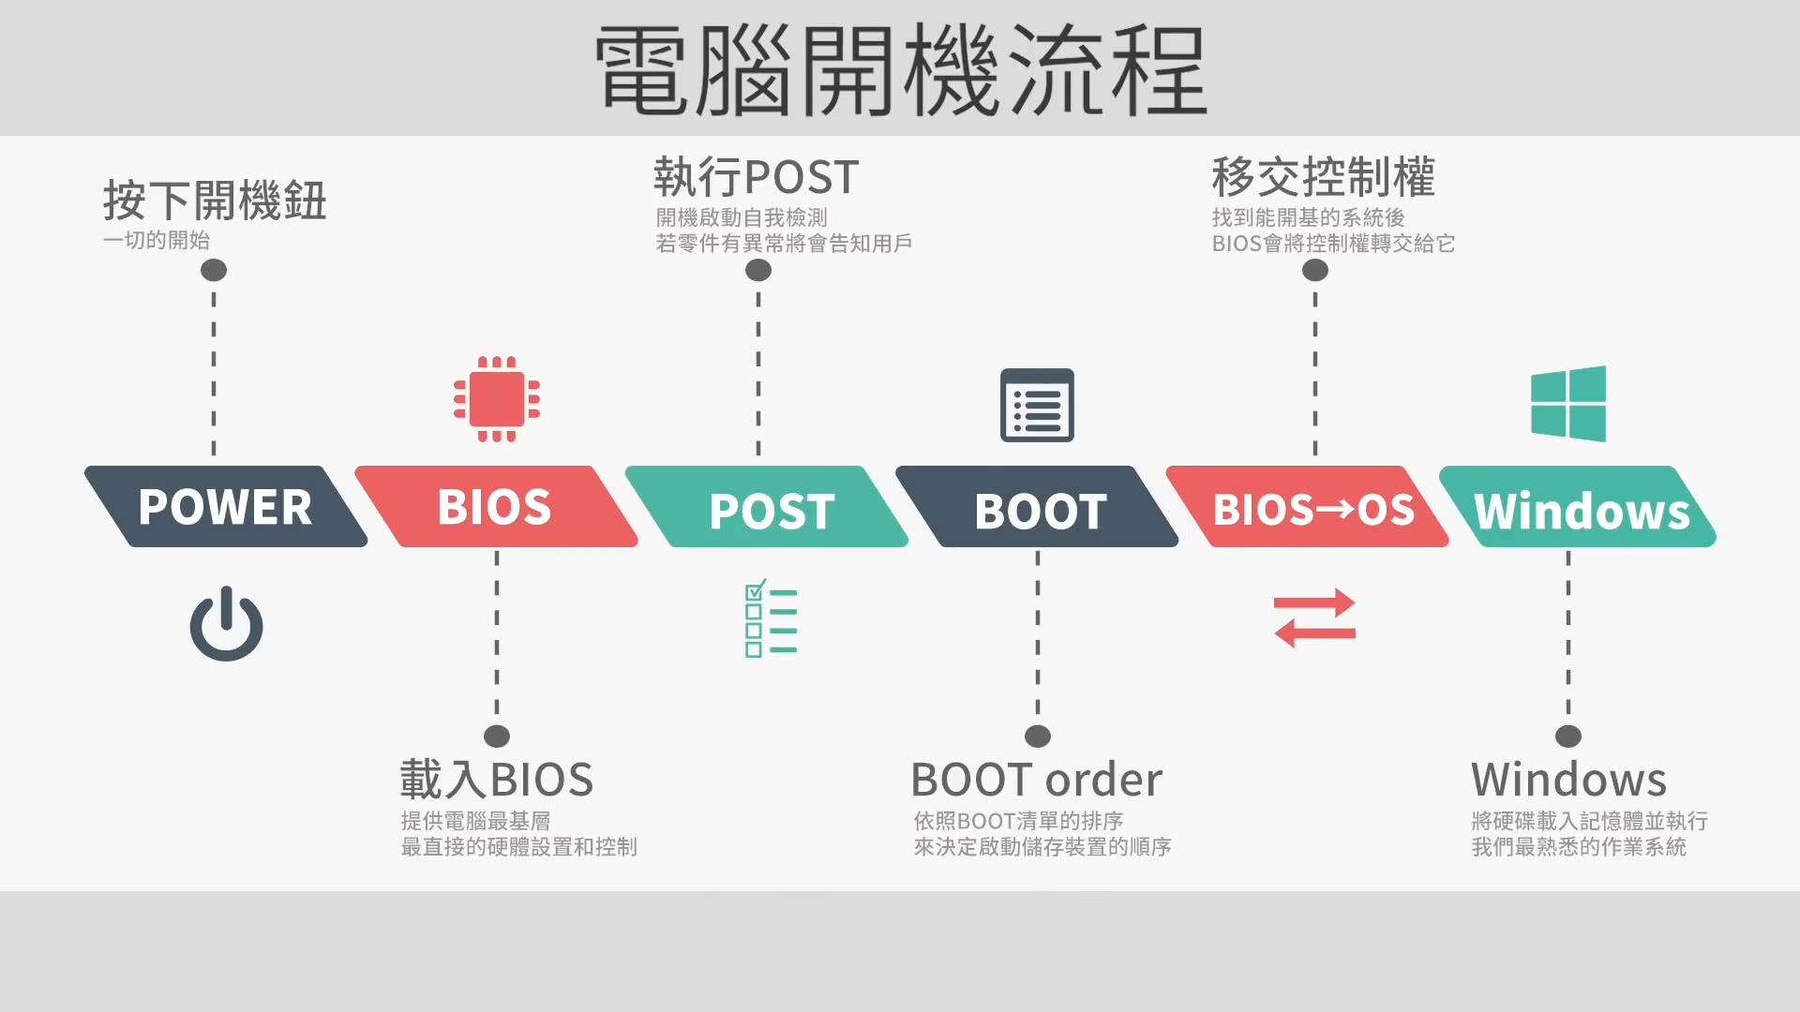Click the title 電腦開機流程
(900, 70)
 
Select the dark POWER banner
(225, 507)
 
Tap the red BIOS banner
(495, 507)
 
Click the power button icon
(226, 625)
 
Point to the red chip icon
(496, 399)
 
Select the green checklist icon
(770, 618)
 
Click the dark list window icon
(1037, 405)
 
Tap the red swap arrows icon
(1314, 618)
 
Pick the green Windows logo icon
(1567, 404)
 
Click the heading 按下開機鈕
(215, 201)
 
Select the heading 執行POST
(756, 177)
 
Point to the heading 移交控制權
(1323, 177)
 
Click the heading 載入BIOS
(497, 780)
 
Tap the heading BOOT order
(1036, 780)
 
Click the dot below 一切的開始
(214, 271)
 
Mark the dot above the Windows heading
(1567, 737)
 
